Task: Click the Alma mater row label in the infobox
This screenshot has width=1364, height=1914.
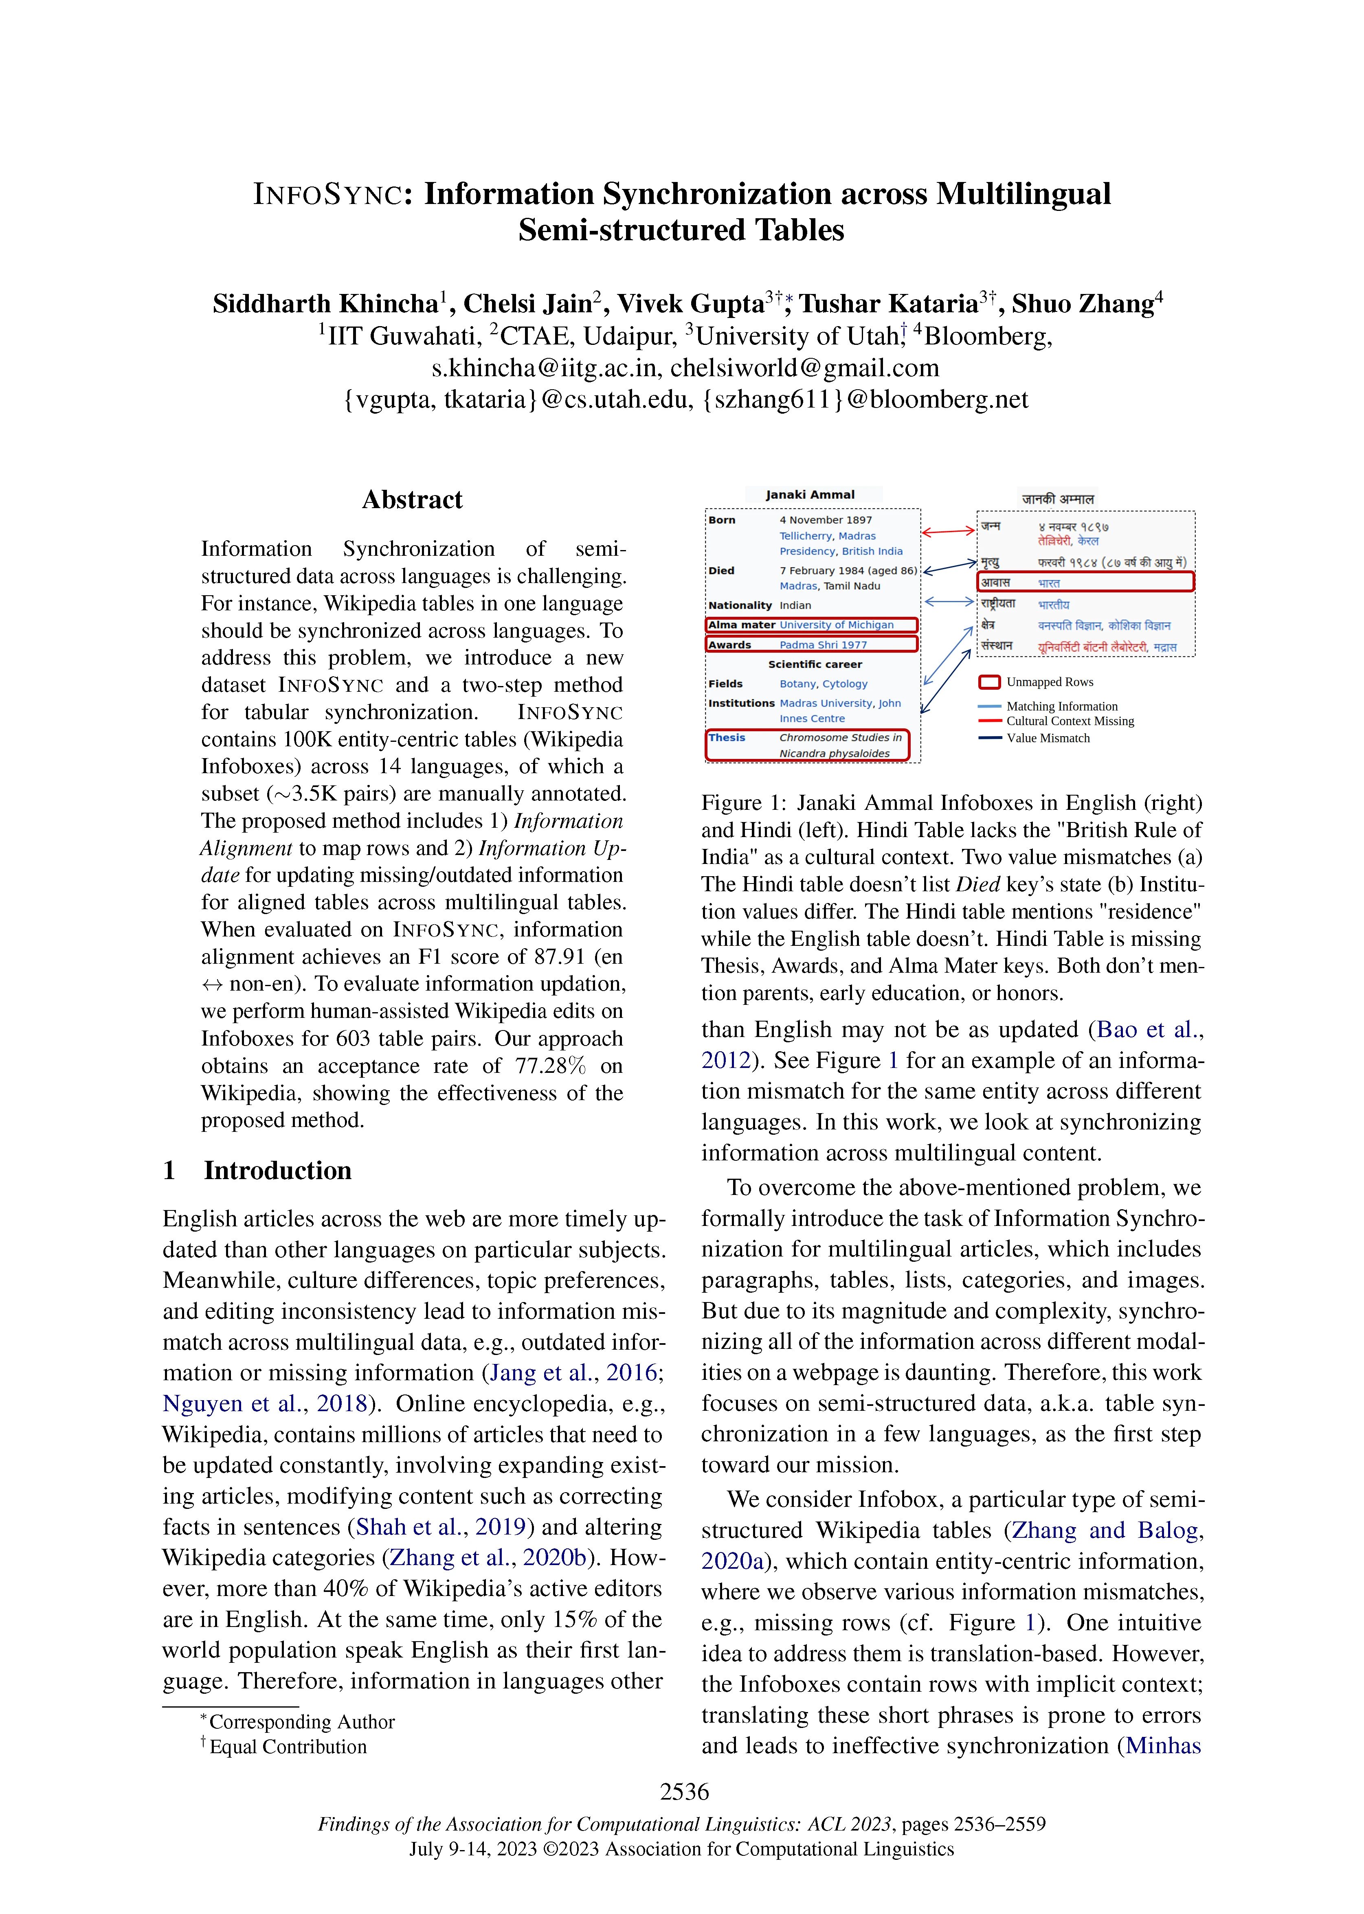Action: pyautogui.click(x=742, y=625)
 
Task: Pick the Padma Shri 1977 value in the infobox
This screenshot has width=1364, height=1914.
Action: pyautogui.click(x=822, y=645)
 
